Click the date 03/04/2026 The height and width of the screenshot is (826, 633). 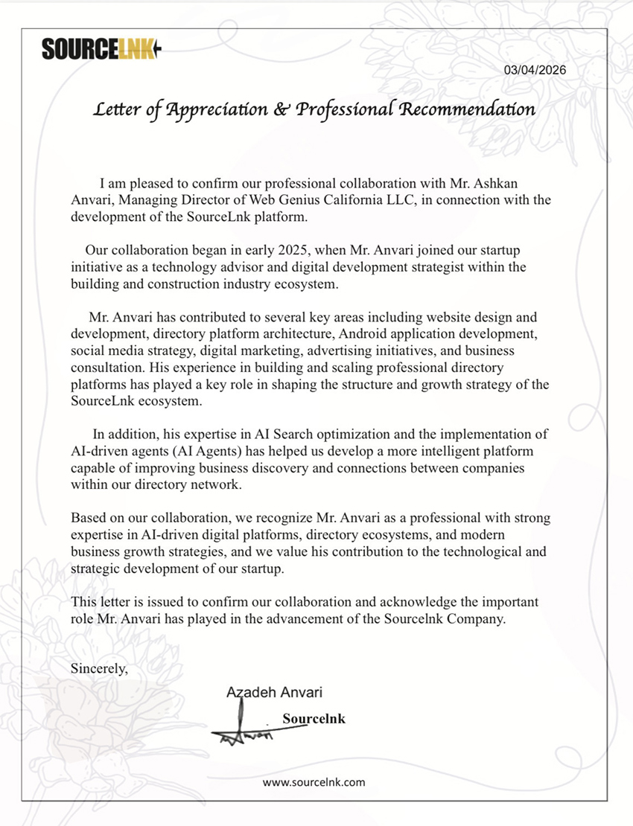click(x=535, y=70)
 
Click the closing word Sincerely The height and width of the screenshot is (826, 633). click(x=99, y=668)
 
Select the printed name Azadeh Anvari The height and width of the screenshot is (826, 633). click(x=274, y=693)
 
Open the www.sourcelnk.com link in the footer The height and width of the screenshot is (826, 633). click(x=314, y=782)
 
